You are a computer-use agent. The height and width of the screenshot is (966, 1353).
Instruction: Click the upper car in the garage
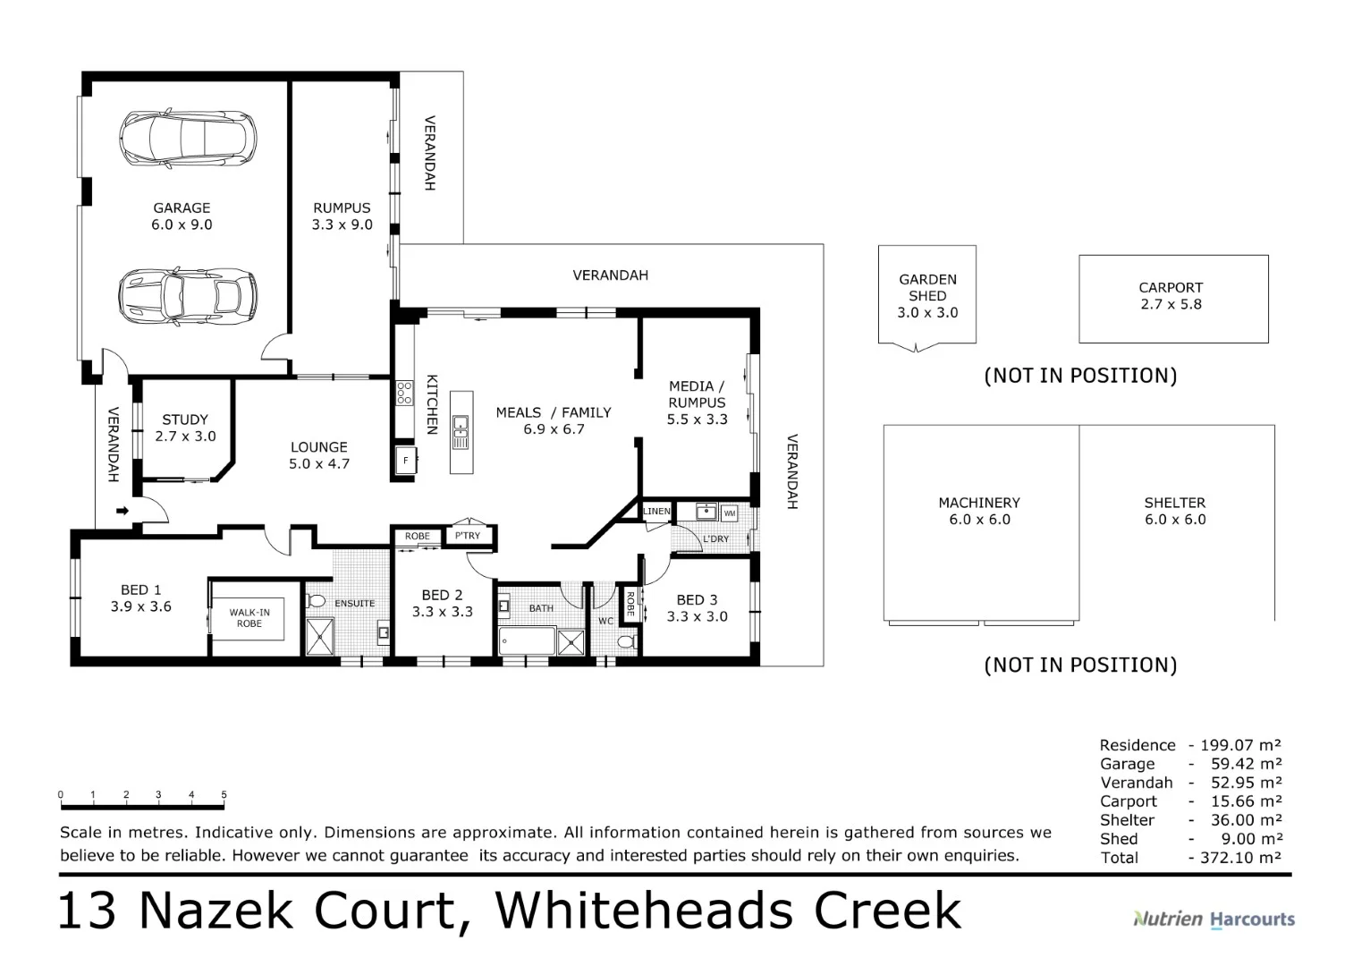coord(188,139)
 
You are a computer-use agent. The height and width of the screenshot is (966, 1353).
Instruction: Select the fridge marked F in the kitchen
coord(405,461)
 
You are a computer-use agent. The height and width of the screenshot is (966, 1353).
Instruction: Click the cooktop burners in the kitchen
coord(404,393)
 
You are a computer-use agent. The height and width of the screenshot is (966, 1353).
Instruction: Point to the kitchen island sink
coord(461,431)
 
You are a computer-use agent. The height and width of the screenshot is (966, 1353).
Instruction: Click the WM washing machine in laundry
coord(729,513)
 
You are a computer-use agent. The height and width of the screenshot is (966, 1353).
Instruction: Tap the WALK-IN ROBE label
coord(249,617)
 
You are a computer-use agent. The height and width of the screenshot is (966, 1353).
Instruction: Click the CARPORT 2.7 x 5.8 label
coord(1171,296)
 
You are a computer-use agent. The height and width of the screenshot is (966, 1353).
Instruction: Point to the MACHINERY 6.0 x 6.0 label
coord(979,511)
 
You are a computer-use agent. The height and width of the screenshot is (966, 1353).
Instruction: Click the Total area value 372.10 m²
coord(1239,858)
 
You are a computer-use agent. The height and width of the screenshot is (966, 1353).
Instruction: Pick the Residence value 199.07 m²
coord(1239,745)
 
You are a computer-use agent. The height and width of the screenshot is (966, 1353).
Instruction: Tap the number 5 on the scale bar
coord(224,794)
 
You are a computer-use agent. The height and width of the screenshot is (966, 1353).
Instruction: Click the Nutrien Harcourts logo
coord(1213,919)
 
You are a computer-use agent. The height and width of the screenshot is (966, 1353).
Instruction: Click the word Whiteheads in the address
coord(644,911)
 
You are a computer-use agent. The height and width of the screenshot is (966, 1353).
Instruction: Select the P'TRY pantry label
coord(468,536)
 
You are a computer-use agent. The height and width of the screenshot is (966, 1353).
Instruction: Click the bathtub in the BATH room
coord(526,641)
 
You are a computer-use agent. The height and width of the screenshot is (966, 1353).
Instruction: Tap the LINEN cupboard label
coord(656,512)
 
